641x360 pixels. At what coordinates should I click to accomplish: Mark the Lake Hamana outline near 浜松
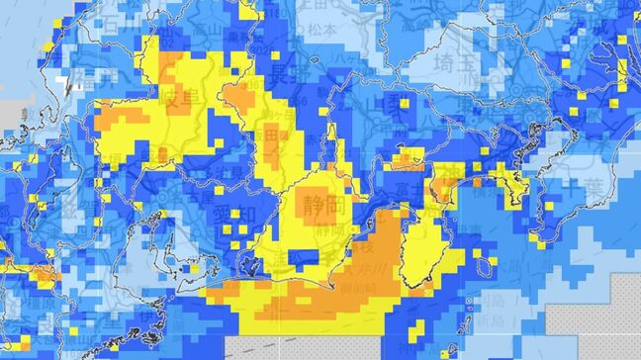pyautogui.click(x=255, y=265)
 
